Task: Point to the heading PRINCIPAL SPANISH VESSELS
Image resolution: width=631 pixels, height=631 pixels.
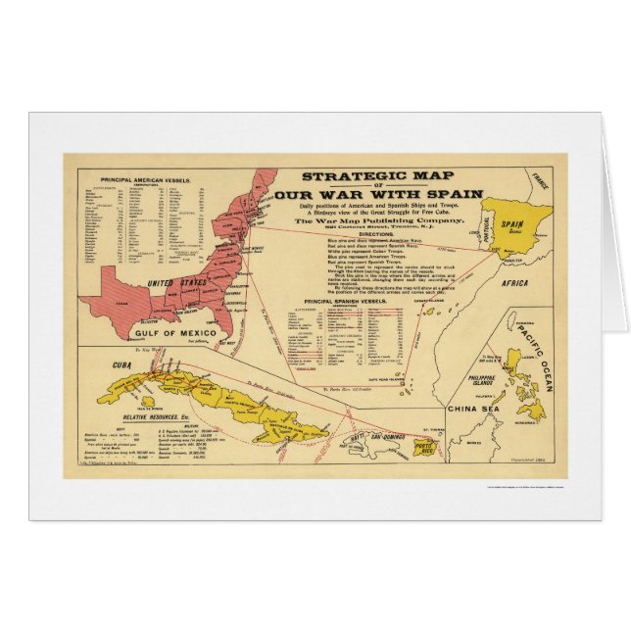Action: click(346, 301)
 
